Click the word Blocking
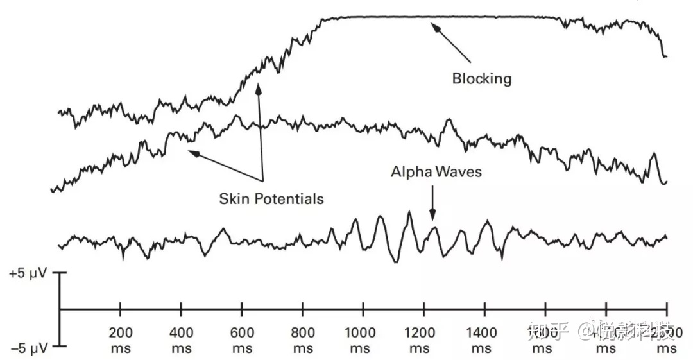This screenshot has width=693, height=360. tap(482, 79)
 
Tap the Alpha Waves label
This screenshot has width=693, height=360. tap(436, 172)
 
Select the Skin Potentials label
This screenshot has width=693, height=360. tap(271, 199)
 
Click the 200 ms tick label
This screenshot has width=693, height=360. tap(120, 340)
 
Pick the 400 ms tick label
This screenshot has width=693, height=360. tap(181, 340)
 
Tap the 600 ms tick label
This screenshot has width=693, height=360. tap(242, 340)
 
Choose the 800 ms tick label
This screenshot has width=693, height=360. tap(303, 340)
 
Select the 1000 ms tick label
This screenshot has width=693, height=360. tap(363, 340)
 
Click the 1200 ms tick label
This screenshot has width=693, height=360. tap(424, 340)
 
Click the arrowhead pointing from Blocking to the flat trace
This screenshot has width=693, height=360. tap(435, 27)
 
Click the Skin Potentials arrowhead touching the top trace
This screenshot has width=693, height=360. tap(259, 87)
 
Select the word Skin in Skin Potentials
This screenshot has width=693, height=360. tap(234, 199)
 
